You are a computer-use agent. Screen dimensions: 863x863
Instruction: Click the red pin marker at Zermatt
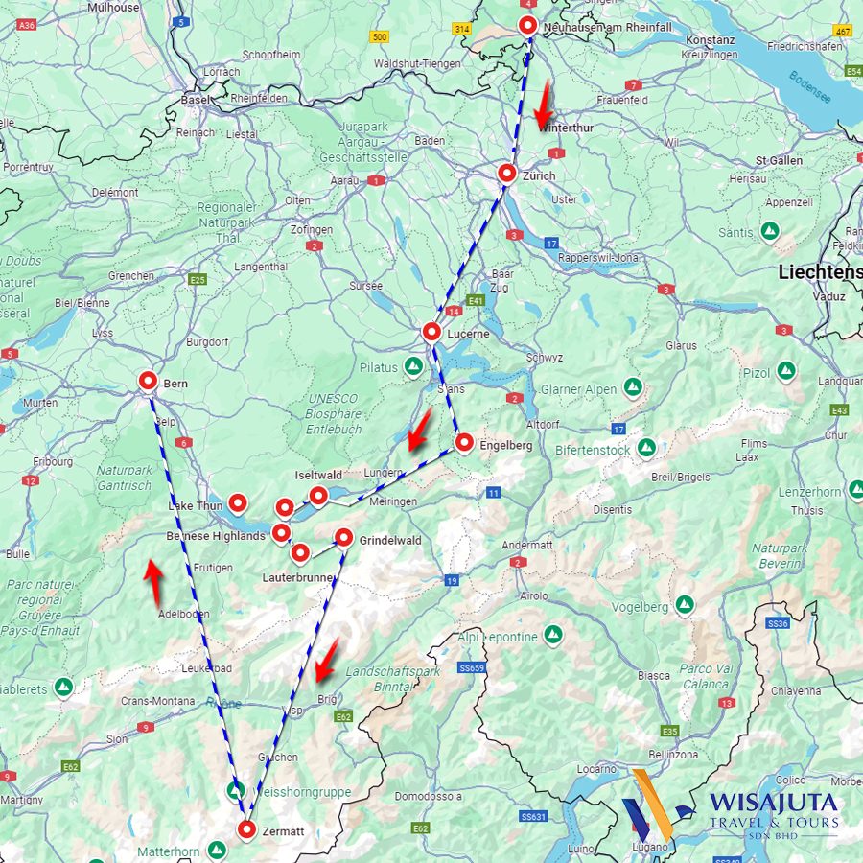(x=246, y=830)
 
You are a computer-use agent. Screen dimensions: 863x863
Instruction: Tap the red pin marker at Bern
(x=148, y=382)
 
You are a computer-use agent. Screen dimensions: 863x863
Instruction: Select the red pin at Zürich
(x=507, y=174)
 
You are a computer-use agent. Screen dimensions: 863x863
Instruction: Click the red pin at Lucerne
(x=431, y=333)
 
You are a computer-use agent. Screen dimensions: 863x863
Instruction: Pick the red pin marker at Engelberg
(x=464, y=443)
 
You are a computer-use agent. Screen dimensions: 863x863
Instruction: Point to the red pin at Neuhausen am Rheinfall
(x=527, y=26)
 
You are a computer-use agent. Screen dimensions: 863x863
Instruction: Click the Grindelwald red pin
(x=343, y=538)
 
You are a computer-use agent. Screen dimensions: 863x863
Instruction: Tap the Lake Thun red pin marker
(x=238, y=501)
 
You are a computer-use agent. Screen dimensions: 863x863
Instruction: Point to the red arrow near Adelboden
(x=152, y=581)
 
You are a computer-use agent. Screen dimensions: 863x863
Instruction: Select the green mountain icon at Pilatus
(x=413, y=367)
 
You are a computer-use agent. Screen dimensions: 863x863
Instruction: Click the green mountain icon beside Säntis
(x=769, y=231)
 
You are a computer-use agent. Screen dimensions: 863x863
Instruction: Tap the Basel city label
(x=196, y=100)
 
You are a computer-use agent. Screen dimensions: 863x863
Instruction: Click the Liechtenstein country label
(x=820, y=271)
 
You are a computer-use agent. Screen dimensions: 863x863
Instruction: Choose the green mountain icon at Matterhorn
(x=218, y=851)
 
